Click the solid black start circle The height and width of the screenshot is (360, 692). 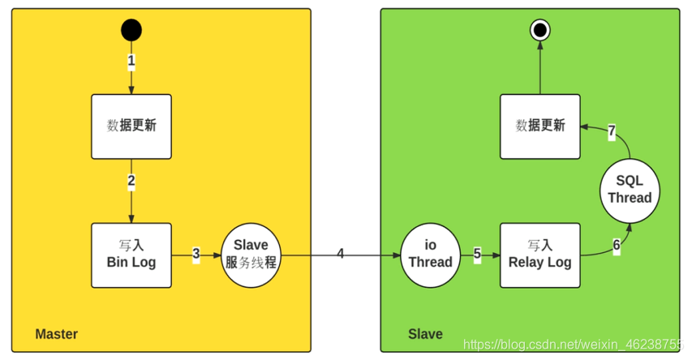point(131,31)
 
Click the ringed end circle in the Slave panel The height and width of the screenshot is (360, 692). point(539,31)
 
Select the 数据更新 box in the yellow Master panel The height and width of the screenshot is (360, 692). point(131,126)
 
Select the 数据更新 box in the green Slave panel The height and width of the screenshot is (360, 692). point(540,126)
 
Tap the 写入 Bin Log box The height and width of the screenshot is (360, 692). point(131,255)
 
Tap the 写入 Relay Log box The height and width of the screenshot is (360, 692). point(540,255)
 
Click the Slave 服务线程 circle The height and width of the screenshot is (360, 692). point(251,255)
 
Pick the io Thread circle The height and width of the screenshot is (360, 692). point(430,255)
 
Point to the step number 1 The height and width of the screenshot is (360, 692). point(131,61)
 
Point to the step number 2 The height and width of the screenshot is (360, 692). point(131,181)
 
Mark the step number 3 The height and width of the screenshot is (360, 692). point(196,255)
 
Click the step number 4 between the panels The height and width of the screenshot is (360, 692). point(341,254)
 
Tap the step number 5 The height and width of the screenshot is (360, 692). point(477,255)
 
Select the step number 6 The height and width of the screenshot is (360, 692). point(617,244)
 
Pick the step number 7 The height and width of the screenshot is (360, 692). point(612,131)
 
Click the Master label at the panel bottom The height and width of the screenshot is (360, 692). point(56,334)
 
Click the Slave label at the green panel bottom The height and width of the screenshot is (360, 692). point(425,334)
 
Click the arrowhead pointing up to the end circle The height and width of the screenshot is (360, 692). point(539,49)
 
